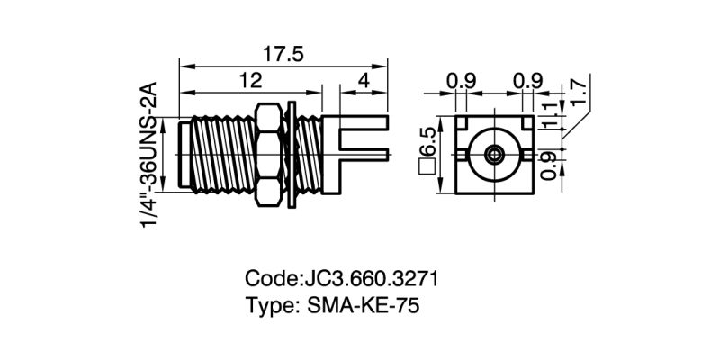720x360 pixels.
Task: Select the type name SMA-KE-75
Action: (364, 305)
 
